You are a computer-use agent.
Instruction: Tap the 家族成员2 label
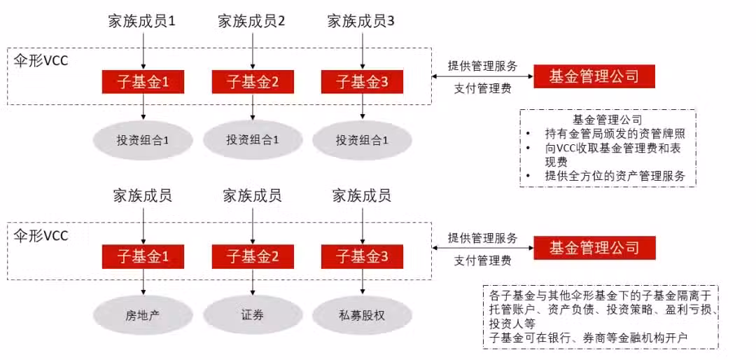click(x=251, y=21)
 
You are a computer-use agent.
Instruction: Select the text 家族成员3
click(x=361, y=21)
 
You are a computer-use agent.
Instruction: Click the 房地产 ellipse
click(x=143, y=316)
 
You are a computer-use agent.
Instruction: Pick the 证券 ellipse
click(x=253, y=316)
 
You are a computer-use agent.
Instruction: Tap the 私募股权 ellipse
click(x=363, y=316)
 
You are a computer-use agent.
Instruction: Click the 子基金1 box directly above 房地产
click(x=143, y=257)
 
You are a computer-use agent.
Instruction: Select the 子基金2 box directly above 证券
click(x=253, y=257)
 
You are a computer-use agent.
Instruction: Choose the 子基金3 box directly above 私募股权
click(x=363, y=257)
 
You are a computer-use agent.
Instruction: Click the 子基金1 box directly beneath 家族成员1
click(x=143, y=81)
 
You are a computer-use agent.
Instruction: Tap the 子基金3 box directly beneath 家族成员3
click(x=363, y=81)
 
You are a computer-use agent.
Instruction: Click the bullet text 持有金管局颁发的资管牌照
click(x=615, y=134)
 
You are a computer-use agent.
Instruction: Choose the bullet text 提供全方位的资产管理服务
click(x=615, y=175)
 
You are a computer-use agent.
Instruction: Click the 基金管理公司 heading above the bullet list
click(x=608, y=118)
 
